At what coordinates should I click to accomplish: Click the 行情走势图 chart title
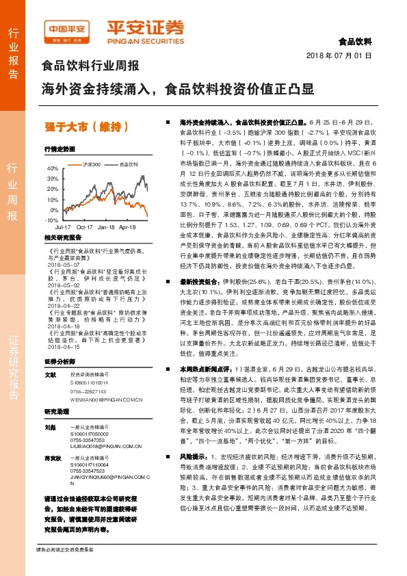58,148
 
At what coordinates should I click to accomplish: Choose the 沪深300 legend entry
92,164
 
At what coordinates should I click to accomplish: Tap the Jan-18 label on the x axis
106,226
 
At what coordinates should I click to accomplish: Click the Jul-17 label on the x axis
63,226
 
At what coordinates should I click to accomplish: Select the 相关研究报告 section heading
62,237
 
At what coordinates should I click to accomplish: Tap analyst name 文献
49,375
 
